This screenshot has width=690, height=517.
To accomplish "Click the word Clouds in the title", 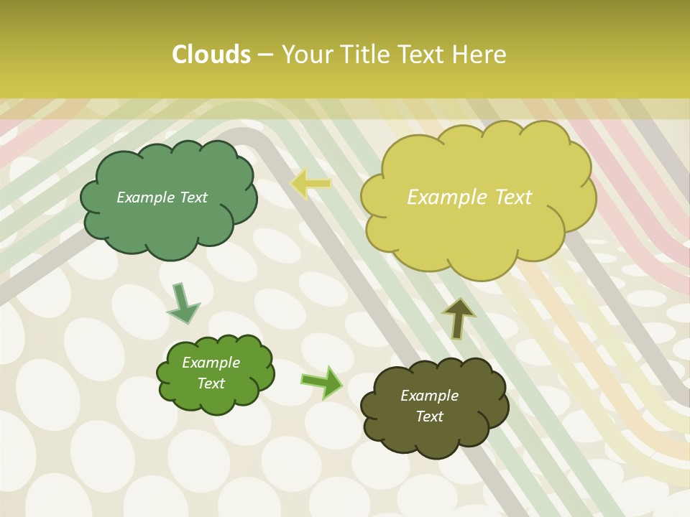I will [211, 55].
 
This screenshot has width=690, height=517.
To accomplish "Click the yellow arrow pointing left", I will [310, 184].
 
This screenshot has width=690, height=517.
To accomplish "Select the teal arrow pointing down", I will [183, 304].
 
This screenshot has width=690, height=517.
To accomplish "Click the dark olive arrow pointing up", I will [458, 318].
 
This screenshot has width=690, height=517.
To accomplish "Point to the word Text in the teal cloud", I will [193, 197].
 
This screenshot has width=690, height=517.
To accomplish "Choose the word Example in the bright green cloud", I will [211, 363].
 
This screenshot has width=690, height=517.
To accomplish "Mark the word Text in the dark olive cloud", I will [429, 416].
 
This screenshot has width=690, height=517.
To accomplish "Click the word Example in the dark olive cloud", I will [429, 396].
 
